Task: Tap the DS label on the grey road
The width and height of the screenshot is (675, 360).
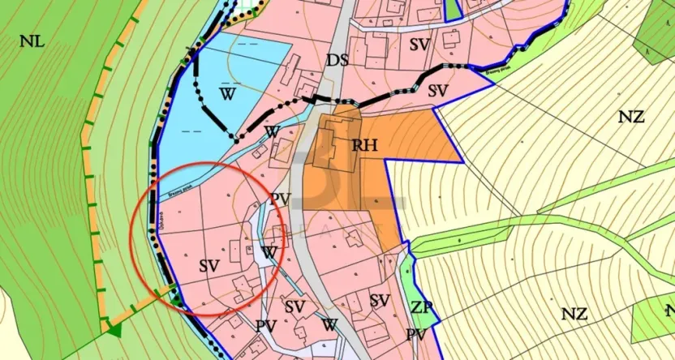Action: (337, 60)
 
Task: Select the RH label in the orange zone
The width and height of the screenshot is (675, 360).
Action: (366, 145)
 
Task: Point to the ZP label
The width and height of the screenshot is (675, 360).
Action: (422, 308)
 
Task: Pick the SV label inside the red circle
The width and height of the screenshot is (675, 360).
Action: (209, 265)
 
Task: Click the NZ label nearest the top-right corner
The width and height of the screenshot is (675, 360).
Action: (630, 117)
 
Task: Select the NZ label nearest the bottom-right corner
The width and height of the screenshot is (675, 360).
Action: (574, 312)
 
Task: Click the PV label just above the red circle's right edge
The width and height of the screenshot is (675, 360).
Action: (281, 199)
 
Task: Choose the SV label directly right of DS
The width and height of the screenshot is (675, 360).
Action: (419, 45)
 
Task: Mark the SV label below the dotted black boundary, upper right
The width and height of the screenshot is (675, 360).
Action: (439, 90)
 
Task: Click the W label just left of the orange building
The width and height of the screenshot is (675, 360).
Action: (273, 131)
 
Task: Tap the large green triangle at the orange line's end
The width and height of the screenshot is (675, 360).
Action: (114, 328)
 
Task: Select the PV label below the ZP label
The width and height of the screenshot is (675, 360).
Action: (416, 335)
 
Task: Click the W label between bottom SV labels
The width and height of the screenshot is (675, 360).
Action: (329, 324)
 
